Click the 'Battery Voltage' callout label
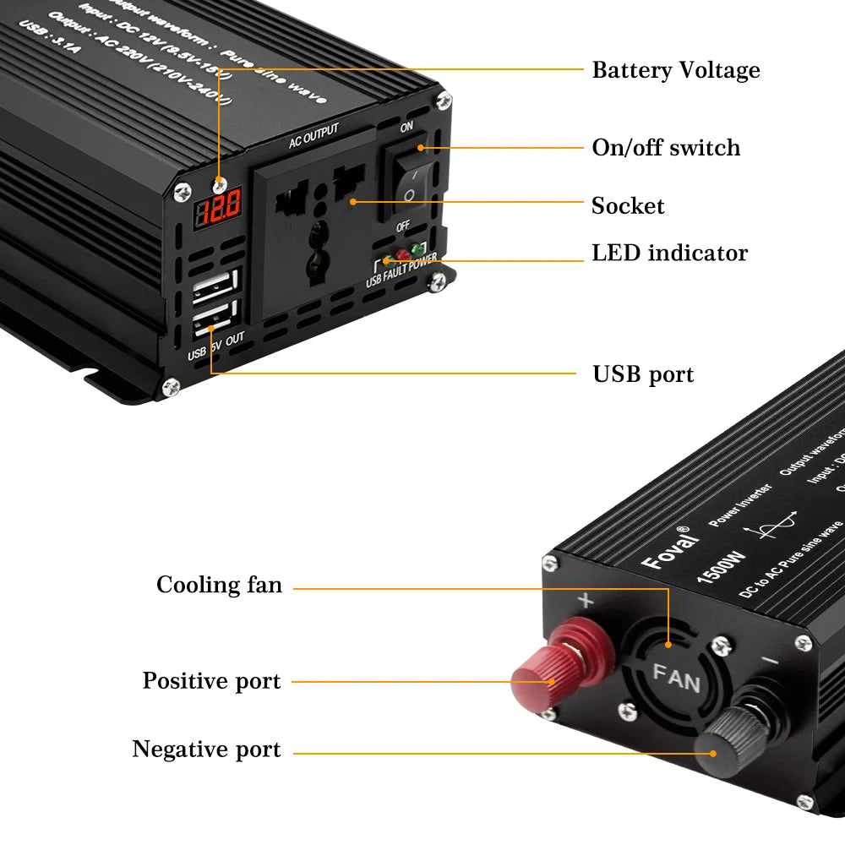click(675, 70)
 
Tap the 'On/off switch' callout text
click(666, 148)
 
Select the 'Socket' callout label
click(628, 206)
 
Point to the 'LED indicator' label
click(669, 253)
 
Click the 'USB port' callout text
click(642, 374)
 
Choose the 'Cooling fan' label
click(219, 585)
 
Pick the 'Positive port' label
click(211, 681)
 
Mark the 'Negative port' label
click(206, 750)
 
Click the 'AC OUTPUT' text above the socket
click(313, 136)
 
